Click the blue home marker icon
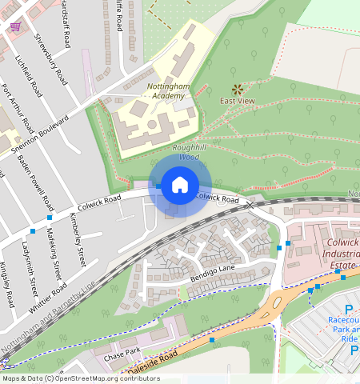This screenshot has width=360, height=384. coord(180,186)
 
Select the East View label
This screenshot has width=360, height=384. coord(238,102)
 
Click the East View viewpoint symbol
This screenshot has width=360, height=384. coord(237,89)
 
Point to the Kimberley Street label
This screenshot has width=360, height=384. coord(77,240)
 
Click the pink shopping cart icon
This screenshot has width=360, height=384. coord(15,26)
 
